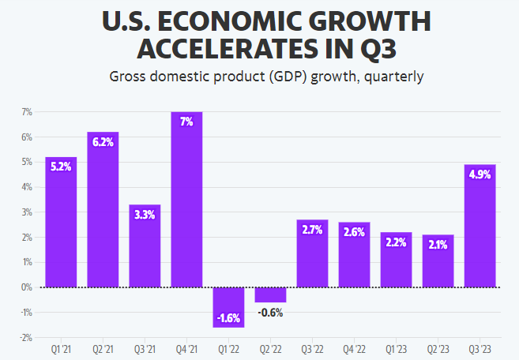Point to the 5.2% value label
click(x=61, y=167)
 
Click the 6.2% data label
click(x=103, y=142)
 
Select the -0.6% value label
click(x=270, y=313)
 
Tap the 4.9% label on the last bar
click(x=480, y=174)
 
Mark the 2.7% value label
click(x=312, y=230)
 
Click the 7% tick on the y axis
click(x=26, y=112)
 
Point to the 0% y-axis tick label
click(x=26, y=287)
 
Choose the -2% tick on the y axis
click(x=25, y=337)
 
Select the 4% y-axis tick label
click(x=26, y=187)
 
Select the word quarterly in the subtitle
click(x=395, y=77)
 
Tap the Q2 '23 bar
click(x=438, y=261)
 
